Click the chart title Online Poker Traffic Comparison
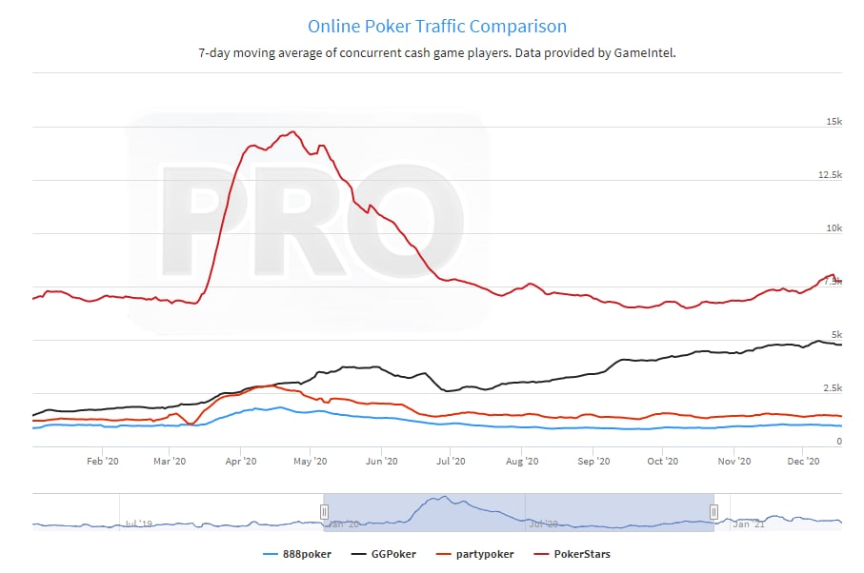pos(437,27)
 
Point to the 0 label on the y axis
pos(838,442)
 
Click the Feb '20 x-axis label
pos(102,461)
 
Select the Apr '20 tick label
pos(241,461)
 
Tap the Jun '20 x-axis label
pos(381,461)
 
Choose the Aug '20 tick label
pos(521,461)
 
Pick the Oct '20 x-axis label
pos(661,461)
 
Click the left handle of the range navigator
pos(324,512)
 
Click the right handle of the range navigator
pos(713,512)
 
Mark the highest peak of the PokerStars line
pos(293,132)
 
